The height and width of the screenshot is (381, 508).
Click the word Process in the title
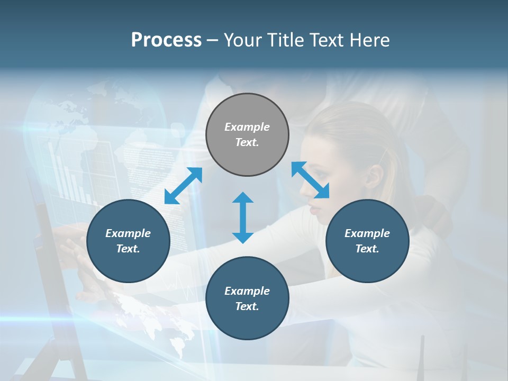pyautogui.click(x=166, y=40)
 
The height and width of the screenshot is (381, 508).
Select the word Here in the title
pyautogui.click(x=369, y=40)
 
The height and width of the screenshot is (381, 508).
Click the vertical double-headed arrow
pyautogui.click(x=243, y=217)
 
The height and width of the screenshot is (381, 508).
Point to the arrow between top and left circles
pyautogui.click(x=183, y=185)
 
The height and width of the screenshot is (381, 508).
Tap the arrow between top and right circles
pyautogui.click(x=311, y=179)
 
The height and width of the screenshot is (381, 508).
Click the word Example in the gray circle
pyautogui.click(x=247, y=127)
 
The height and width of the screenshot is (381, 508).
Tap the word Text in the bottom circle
pyautogui.click(x=247, y=306)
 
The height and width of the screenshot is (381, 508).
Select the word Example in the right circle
pyautogui.click(x=367, y=233)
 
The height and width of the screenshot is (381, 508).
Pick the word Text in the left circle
pyautogui.click(x=128, y=249)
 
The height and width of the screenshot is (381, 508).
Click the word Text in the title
pyautogui.click(x=326, y=40)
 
